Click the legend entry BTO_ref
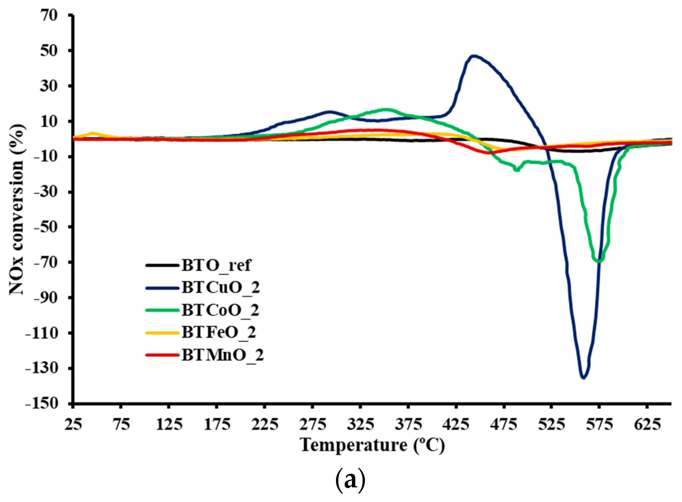pos(216,265)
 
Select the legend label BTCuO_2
pos(220,288)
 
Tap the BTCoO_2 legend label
pos(220,310)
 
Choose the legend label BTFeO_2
pos(219,332)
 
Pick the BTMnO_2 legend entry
pos(222,355)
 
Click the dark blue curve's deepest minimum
pos(583,378)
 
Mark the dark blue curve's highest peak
pos(474,56)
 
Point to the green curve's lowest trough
pos(599,261)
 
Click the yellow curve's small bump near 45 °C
pos(93,133)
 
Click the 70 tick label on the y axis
pos(49,15)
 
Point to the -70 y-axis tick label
pos(45,262)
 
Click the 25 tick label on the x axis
pos(73,425)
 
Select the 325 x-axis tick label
pos(360,425)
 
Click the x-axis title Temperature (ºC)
pos(372,445)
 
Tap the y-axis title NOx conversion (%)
pos(17,209)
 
